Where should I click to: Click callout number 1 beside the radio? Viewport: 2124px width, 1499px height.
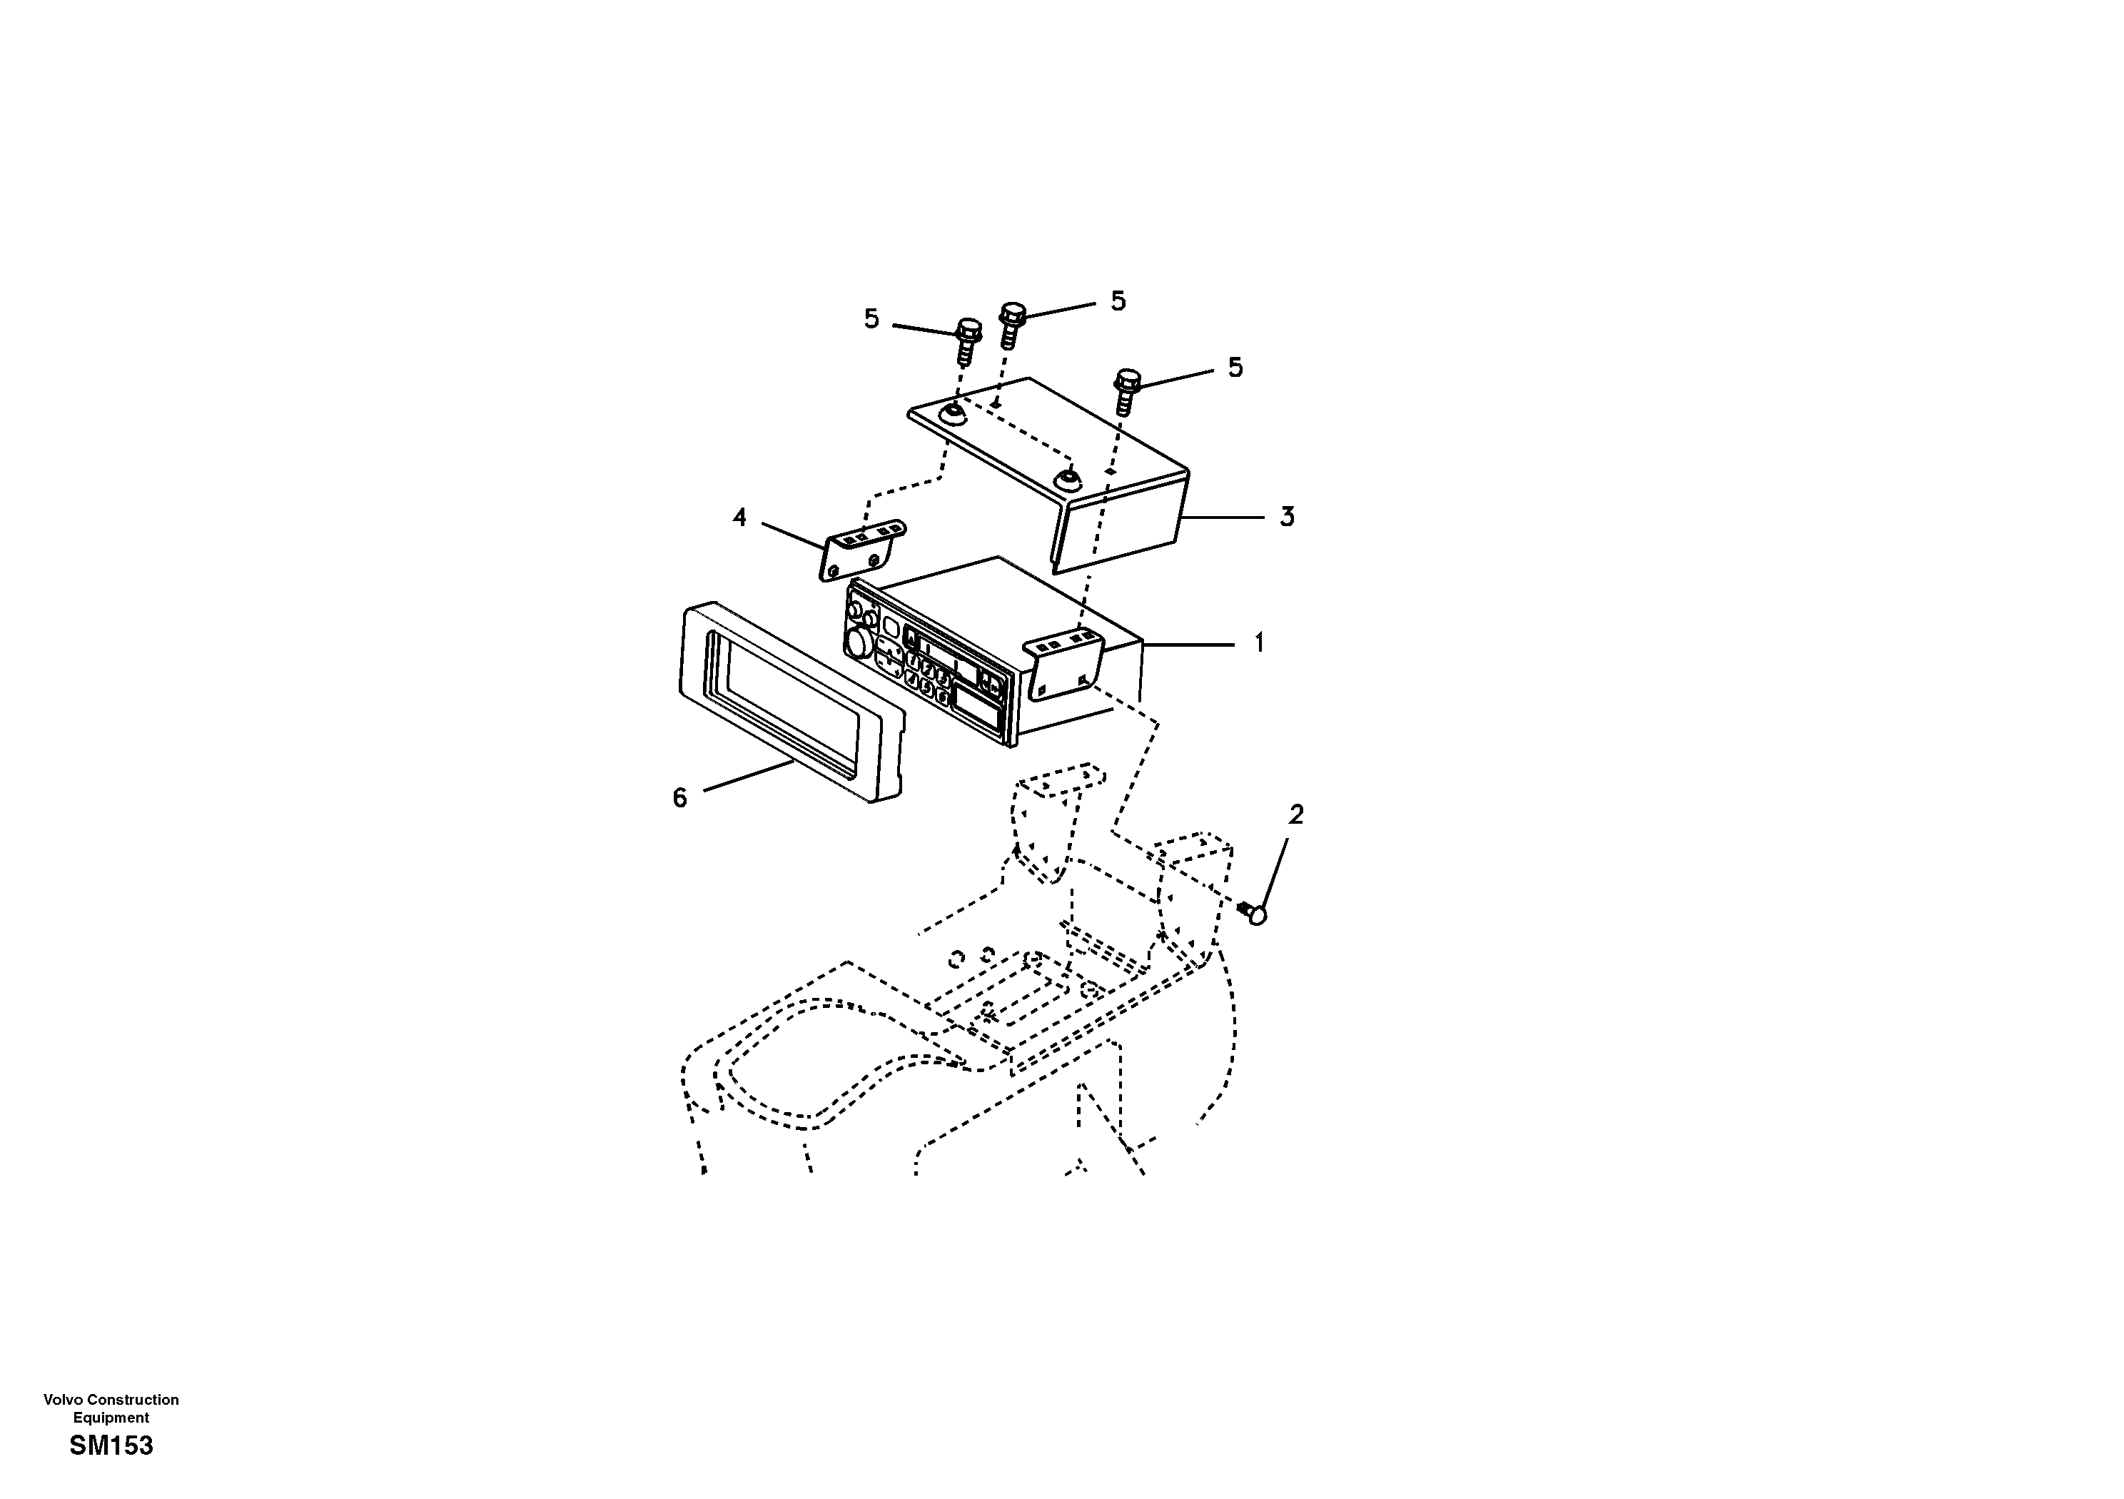pyautogui.click(x=1258, y=643)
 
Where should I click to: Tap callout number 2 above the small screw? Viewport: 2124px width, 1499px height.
pyautogui.click(x=1296, y=814)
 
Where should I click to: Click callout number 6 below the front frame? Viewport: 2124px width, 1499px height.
pyautogui.click(x=680, y=797)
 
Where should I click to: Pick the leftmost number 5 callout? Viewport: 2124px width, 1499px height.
pyautogui.click(x=871, y=319)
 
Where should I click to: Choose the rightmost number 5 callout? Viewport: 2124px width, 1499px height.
pyautogui.click(x=1235, y=368)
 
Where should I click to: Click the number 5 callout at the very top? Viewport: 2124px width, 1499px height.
pyautogui.click(x=1118, y=301)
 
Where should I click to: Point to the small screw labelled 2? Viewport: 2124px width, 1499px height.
pyautogui.click(x=1255, y=912)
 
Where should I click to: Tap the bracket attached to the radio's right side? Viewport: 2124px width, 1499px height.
pyautogui.click(x=1064, y=665)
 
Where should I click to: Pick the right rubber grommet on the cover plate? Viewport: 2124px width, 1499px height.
pyautogui.click(x=1068, y=479)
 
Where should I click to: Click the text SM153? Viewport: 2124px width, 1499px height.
pyautogui.click(x=111, y=1445)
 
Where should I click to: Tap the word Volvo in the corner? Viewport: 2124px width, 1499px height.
pyautogui.click(x=62, y=1400)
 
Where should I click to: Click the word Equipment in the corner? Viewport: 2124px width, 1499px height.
pyautogui.click(x=111, y=1418)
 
